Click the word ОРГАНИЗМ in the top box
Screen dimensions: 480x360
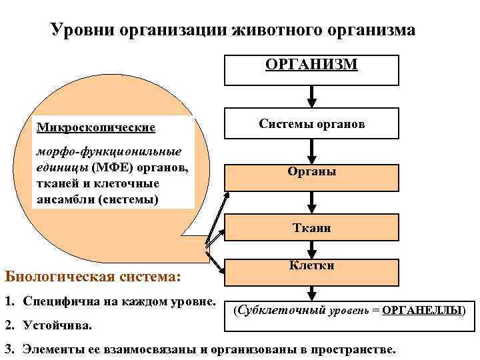[311, 64]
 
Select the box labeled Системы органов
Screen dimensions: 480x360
[311, 125]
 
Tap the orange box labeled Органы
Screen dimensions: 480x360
[311, 171]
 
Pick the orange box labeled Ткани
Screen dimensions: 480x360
[311, 228]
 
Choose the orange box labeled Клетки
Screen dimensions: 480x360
[311, 266]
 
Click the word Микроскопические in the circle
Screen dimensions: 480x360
[96, 127]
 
